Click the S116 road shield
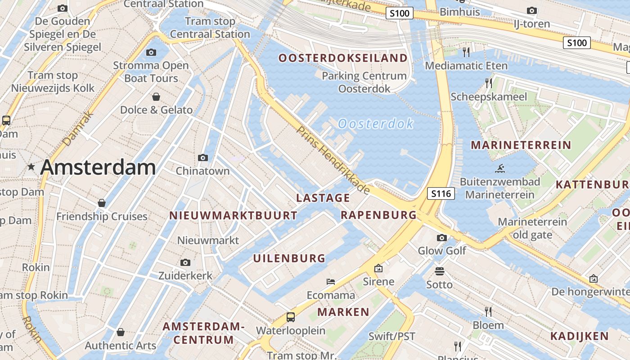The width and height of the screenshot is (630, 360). (441, 193)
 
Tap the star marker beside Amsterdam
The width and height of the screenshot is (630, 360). (31, 167)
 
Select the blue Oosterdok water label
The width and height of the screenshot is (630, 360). (376, 123)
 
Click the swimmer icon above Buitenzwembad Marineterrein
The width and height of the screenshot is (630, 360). (499, 169)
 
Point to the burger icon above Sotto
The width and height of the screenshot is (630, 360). (440, 271)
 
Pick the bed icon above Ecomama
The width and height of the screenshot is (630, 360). (331, 282)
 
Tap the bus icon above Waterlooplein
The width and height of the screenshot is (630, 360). (291, 317)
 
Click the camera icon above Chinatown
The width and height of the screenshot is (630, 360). (203, 157)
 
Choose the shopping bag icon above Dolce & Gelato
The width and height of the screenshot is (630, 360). (156, 96)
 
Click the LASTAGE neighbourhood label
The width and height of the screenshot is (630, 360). (323, 198)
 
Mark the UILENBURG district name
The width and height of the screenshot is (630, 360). (289, 258)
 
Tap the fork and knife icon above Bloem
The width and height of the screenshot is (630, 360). (488, 311)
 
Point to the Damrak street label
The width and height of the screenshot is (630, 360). (79, 129)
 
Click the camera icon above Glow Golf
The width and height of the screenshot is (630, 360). (442, 238)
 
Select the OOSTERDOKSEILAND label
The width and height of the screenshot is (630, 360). (343, 58)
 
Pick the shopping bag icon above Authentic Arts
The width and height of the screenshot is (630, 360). (120, 332)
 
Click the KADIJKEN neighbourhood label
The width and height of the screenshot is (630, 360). (580, 336)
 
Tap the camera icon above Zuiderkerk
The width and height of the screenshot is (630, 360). (185, 262)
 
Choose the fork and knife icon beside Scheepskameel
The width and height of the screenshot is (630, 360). (488, 83)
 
